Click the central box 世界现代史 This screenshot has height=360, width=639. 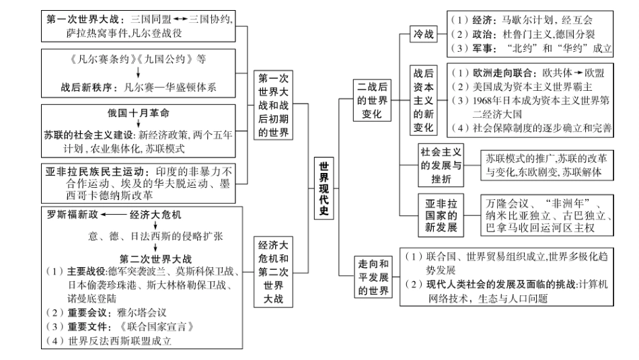pos(324,188)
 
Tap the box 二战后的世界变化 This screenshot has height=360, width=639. pos(373,100)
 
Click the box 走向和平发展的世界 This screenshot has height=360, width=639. pos(373,277)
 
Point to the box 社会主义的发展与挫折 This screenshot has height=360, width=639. pos(441,166)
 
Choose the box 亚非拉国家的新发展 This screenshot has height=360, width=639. pos(441,215)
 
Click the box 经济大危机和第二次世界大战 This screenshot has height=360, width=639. pos(274,272)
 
